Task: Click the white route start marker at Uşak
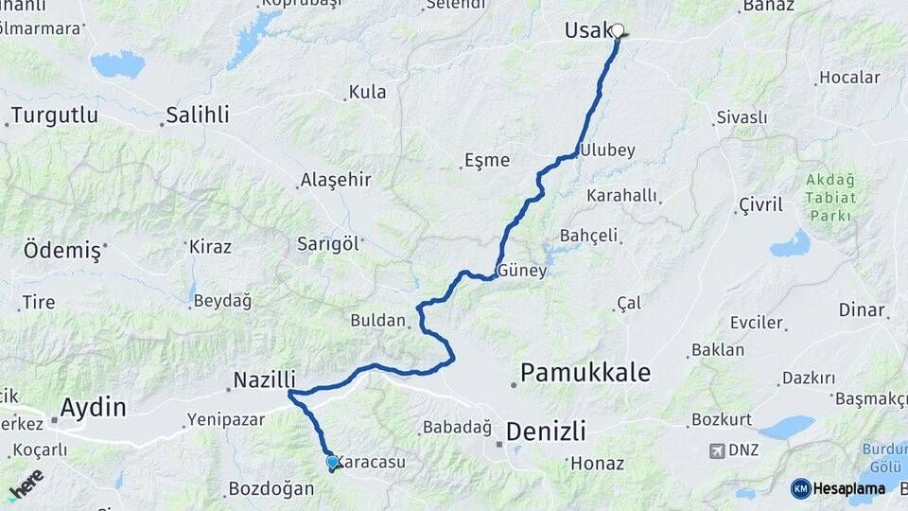point(618,31)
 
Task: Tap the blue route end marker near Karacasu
point(332,462)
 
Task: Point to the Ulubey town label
point(607,150)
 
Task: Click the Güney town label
point(522,271)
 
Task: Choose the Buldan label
point(377,320)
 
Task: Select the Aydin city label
point(93,408)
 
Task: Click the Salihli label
point(197,115)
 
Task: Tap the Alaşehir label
point(335,180)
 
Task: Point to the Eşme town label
point(487,160)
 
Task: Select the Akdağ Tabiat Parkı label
point(830,197)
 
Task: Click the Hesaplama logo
point(839,488)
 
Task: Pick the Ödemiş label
point(61,251)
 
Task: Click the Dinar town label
point(861,309)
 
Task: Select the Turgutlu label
point(55,115)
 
